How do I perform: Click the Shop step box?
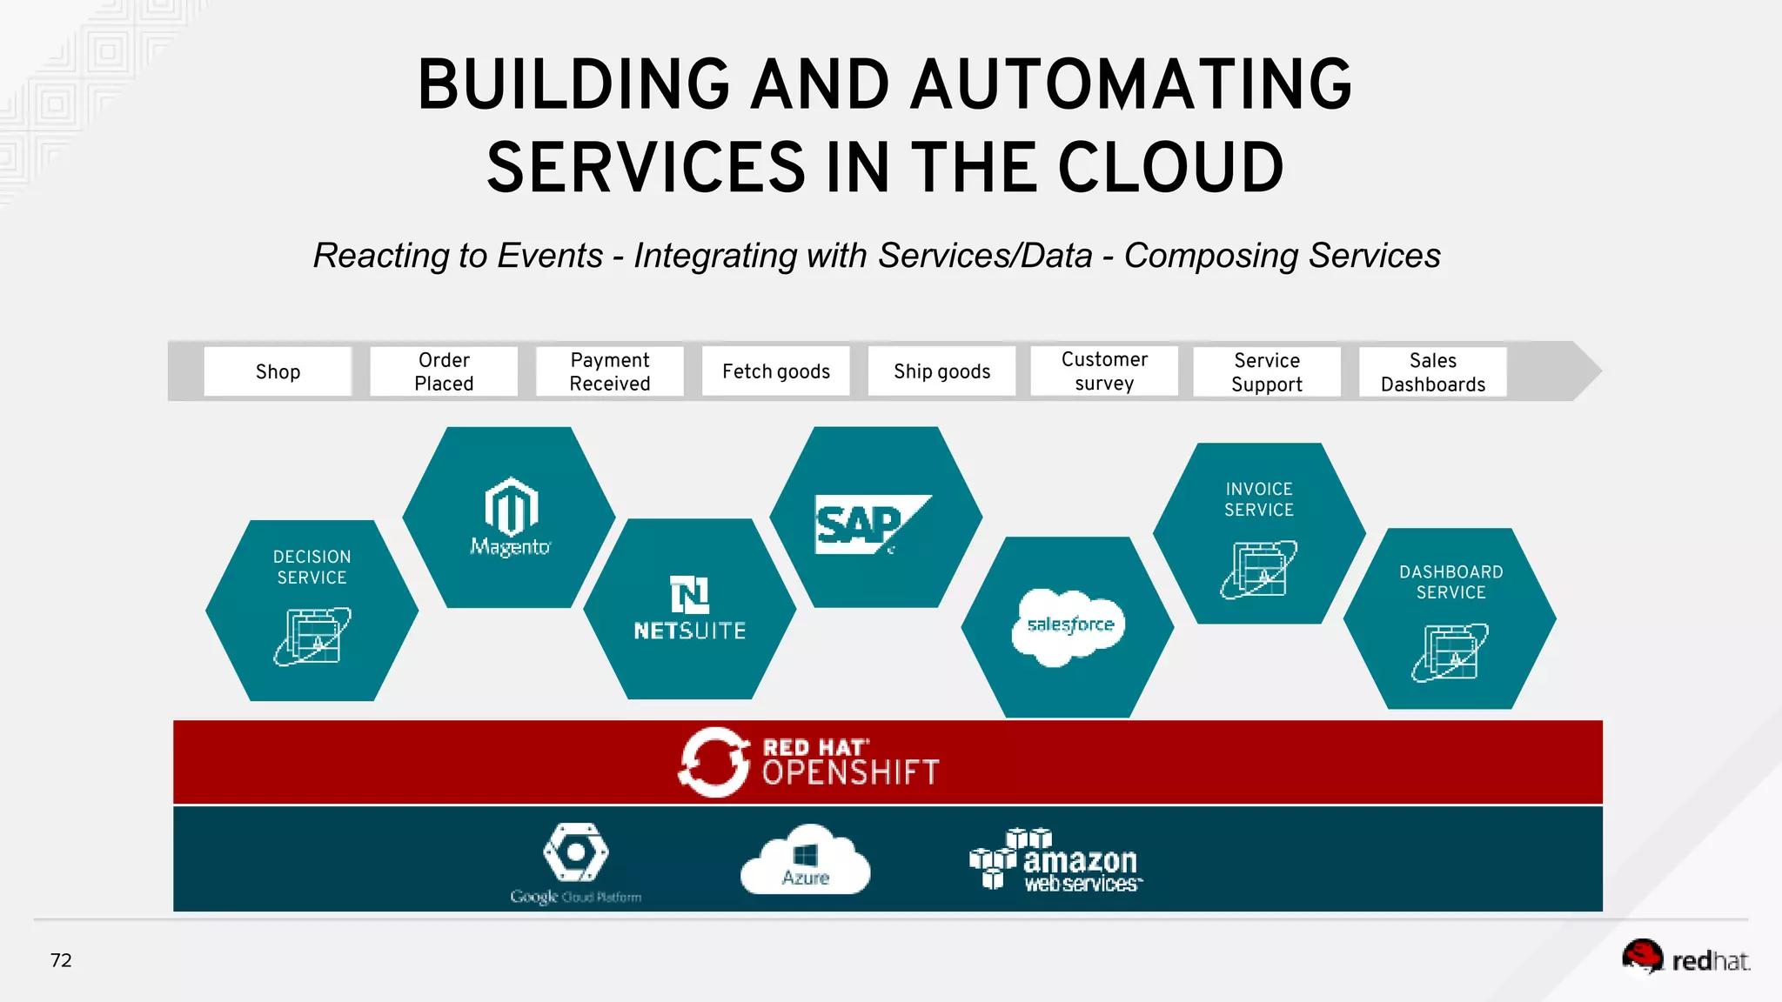click(x=278, y=371)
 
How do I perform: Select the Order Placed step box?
click(x=444, y=371)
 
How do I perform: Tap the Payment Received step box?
click(x=610, y=371)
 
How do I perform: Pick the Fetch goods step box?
click(x=776, y=371)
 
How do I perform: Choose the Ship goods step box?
click(x=941, y=371)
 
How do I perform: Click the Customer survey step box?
click(x=1104, y=371)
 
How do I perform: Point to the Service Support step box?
click(x=1267, y=372)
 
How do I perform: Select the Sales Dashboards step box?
click(x=1433, y=372)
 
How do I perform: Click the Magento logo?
click(x=511, y=516)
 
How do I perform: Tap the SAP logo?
click(x=870, y=524)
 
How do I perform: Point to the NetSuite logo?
click(x=689, y=608)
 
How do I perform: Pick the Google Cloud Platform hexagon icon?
click(x=575, y=853)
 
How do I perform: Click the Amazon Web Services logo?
click(x=1056, y=861)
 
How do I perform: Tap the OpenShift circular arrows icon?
click(x=713, y=763)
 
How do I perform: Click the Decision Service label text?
click(x=312, y=567)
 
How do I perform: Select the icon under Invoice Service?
click(x=1258, y=569)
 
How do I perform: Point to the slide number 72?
click(x=61, y=960)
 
